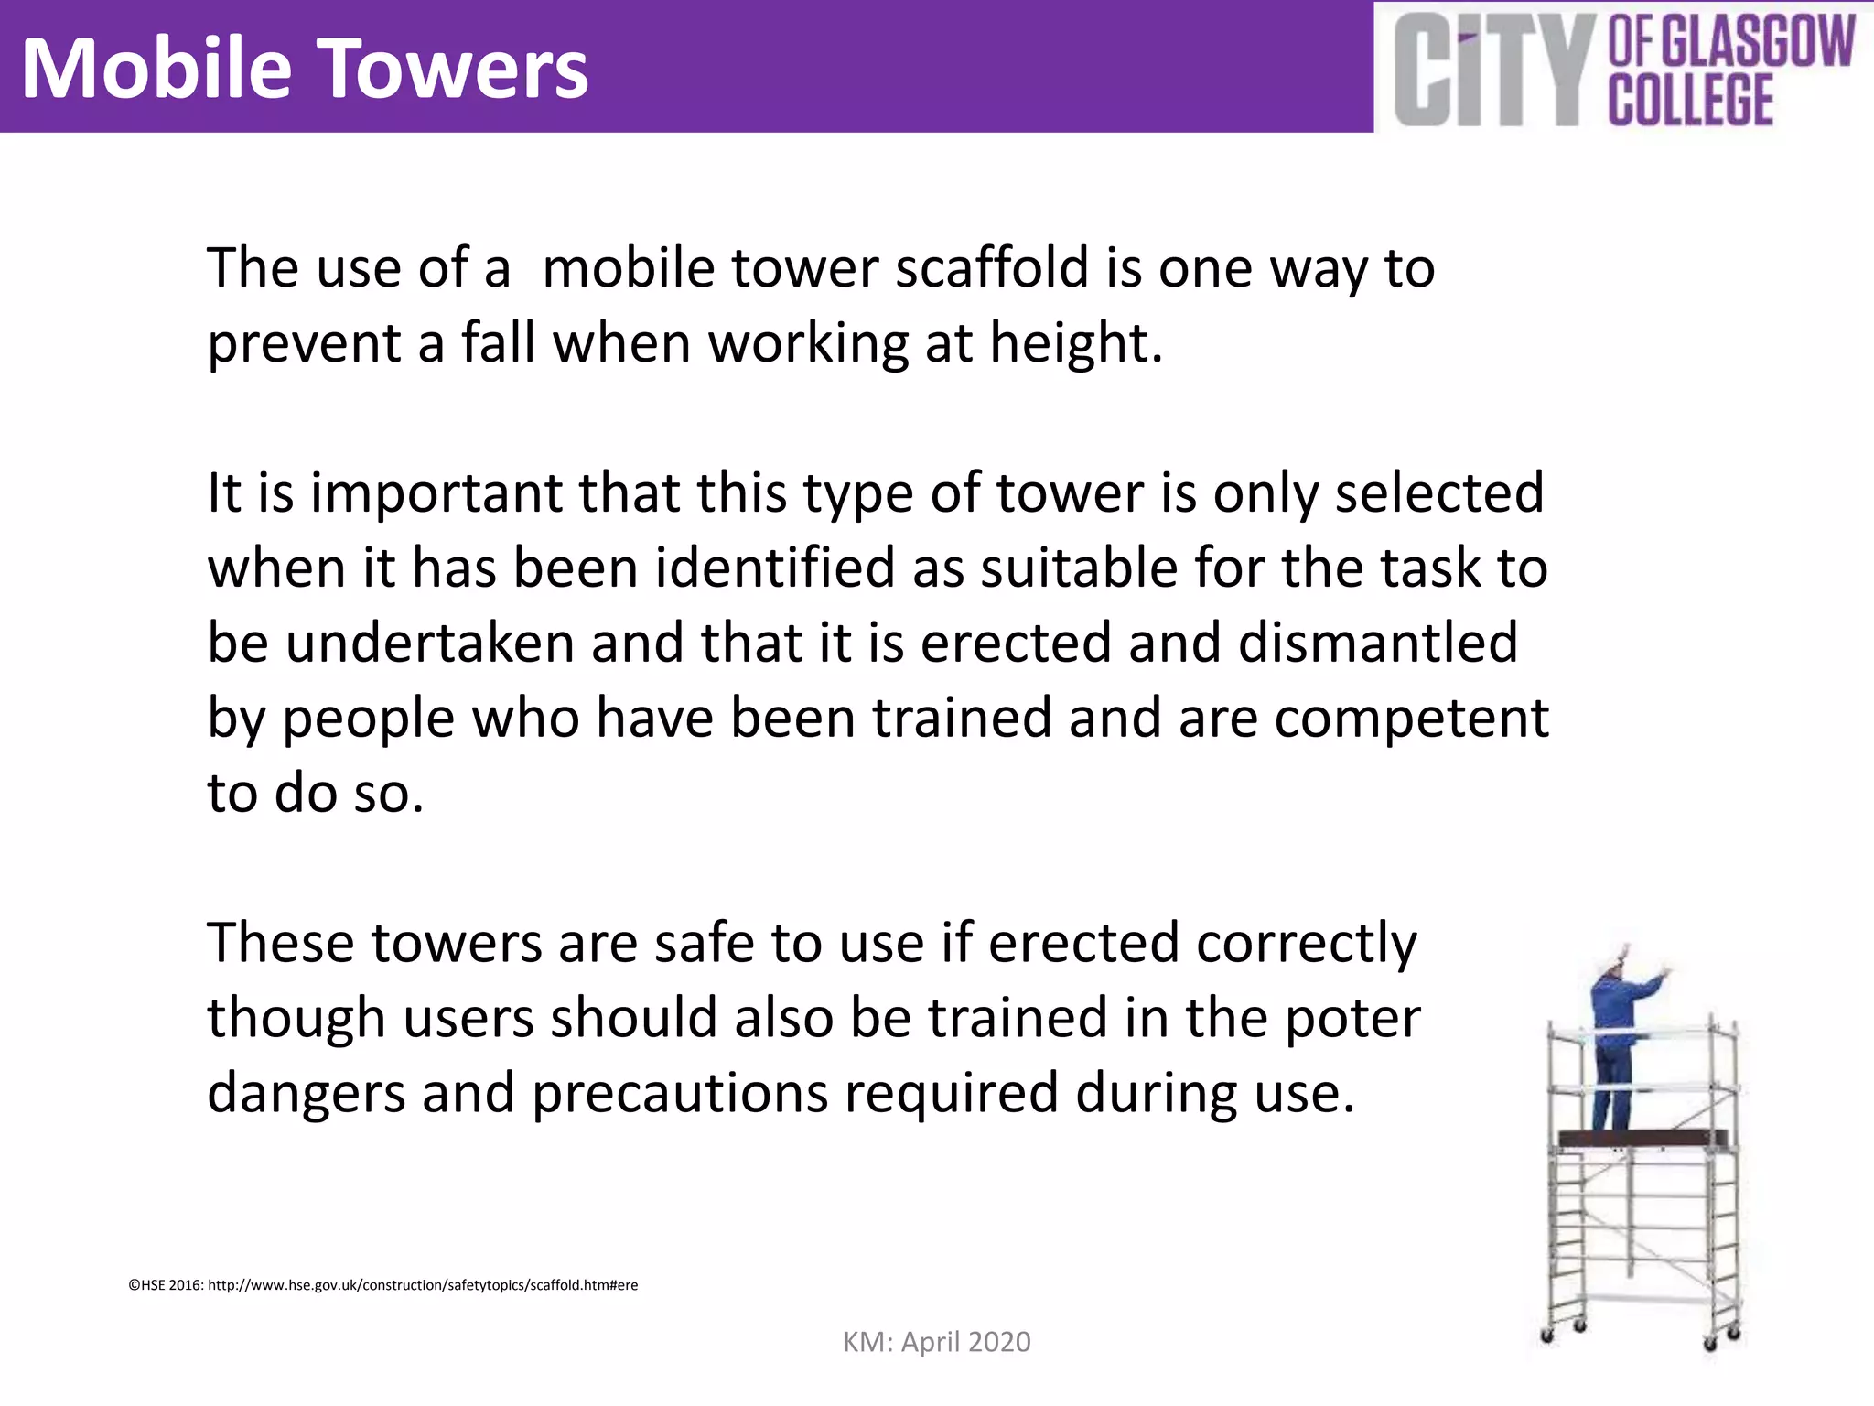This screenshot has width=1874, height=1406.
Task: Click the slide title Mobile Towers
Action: click(304, 70)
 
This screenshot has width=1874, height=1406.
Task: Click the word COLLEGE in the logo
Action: click(1690, 100)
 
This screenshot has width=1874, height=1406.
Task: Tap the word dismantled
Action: click(1378, 644)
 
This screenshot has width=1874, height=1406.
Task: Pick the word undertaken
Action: click(430, 644)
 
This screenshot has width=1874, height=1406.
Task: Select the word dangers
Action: click(306, 1094)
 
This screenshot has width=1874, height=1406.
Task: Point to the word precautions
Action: click(679, 1094)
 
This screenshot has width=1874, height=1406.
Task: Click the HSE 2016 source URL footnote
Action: click(382, 1285)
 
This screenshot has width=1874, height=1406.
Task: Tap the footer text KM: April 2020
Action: click(936, 1342)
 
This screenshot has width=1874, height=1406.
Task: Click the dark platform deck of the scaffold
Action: click(1642, 1139)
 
